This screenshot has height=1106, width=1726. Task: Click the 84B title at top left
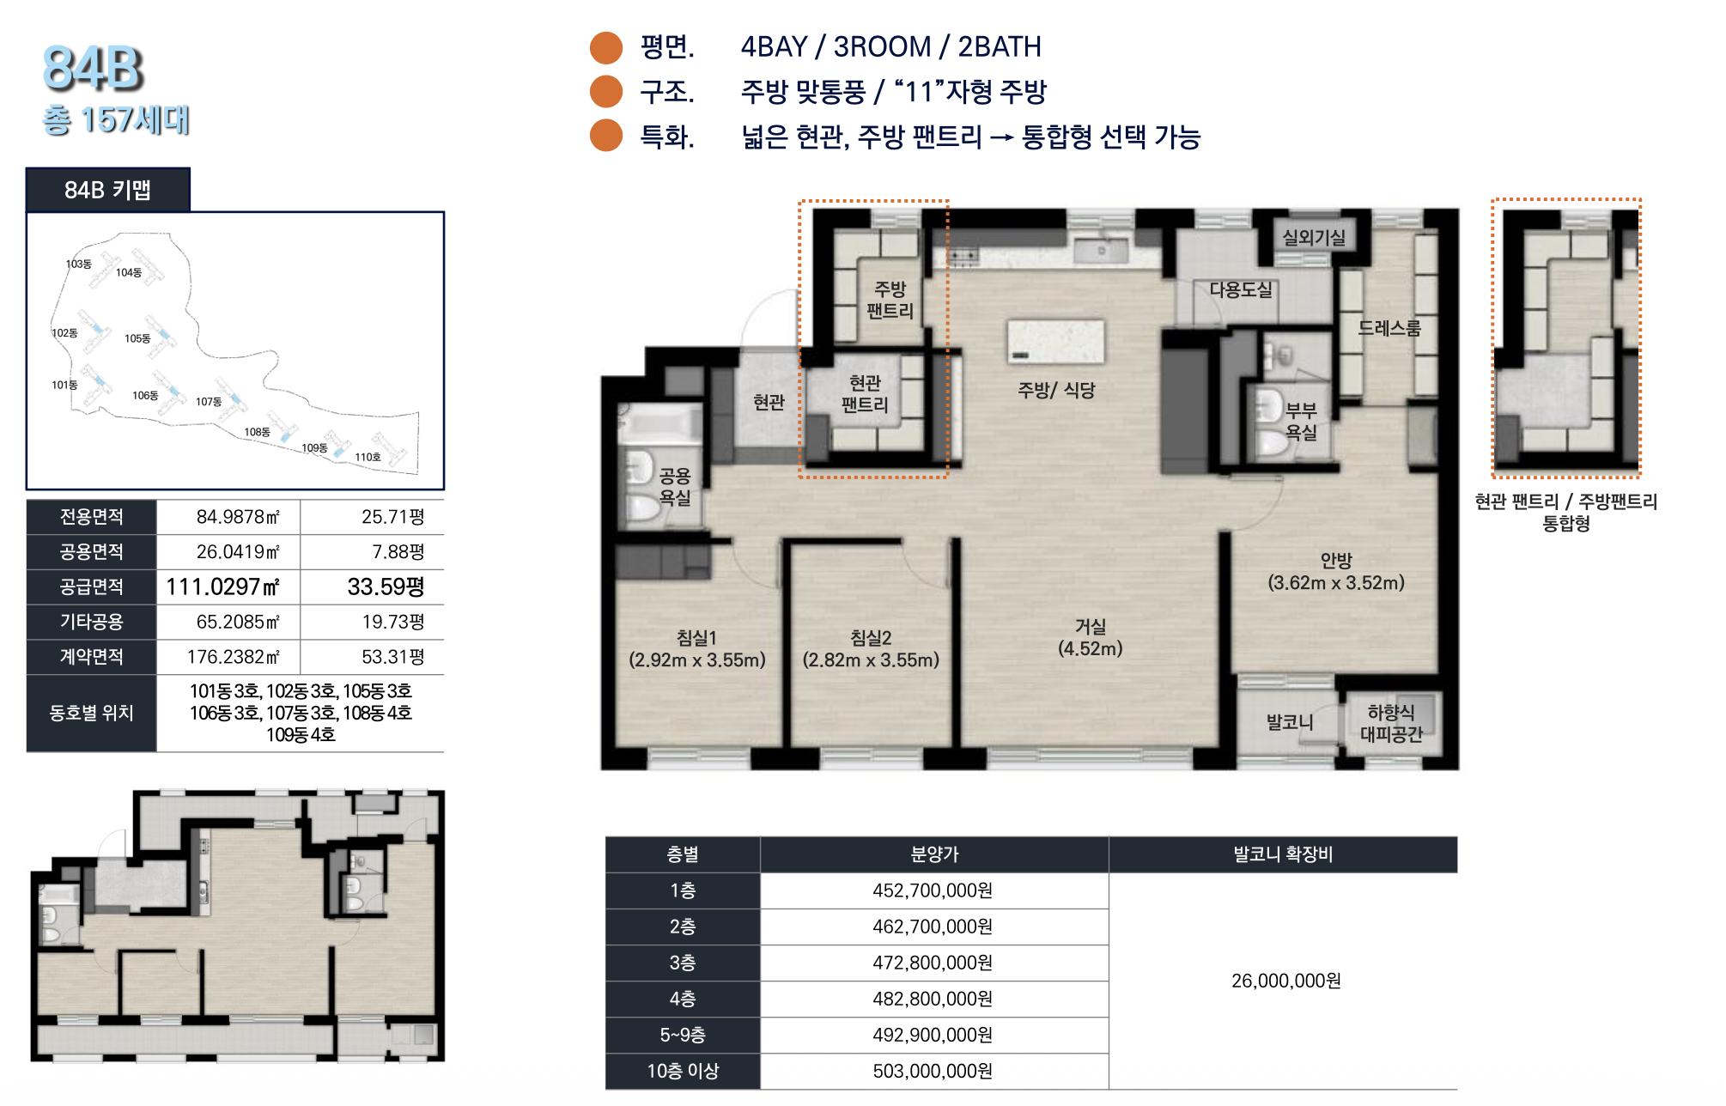coord(93,68)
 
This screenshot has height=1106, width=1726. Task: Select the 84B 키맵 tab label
coord(107,190)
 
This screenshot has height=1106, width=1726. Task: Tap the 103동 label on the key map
coord(78,264)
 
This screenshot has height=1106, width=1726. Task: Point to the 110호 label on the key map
coord(368,457)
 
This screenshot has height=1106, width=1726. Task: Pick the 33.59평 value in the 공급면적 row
coord(386,586)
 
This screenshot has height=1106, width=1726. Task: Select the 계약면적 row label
coord(91,657)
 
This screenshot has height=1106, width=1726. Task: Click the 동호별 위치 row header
coord(91,713)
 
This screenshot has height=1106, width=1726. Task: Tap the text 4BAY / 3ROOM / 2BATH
coord(890,46)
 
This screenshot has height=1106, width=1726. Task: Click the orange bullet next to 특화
coord(606,136)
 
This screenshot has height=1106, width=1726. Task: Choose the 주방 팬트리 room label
coord(890,300)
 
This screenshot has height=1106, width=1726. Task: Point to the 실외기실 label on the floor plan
coord(1313,237)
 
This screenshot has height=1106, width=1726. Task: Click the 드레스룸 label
coord(1389,328)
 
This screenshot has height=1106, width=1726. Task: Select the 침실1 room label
coord(696,638)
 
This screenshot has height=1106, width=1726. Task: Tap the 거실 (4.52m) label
coord(1090,637)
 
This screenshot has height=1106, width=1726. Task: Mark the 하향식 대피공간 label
coord(1391,723)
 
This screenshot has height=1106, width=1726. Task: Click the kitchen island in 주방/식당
coord(1055,342)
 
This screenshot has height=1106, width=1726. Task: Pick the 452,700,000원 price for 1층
coord(933,890)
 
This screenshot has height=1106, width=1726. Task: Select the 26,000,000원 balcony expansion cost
coord(1285,981)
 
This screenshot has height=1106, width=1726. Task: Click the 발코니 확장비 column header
coord(1283,854)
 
